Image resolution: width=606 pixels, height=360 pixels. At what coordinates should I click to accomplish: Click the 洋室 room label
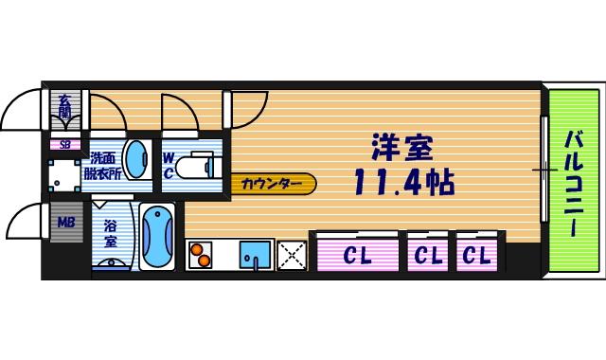click(401, 147)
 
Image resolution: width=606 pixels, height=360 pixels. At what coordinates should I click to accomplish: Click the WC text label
click(168, 166)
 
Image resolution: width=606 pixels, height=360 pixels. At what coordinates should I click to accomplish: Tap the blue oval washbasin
click(137, 161)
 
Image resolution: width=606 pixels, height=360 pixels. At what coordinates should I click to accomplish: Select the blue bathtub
click(157, 237)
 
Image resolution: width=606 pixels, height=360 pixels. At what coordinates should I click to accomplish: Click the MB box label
click(66, 224)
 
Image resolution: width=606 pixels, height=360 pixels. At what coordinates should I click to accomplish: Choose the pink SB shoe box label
click(65, 145)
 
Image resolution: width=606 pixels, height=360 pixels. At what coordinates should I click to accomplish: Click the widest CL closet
click(356, 255)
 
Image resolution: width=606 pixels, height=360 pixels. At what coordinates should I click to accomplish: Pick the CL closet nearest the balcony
click(476, 255)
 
